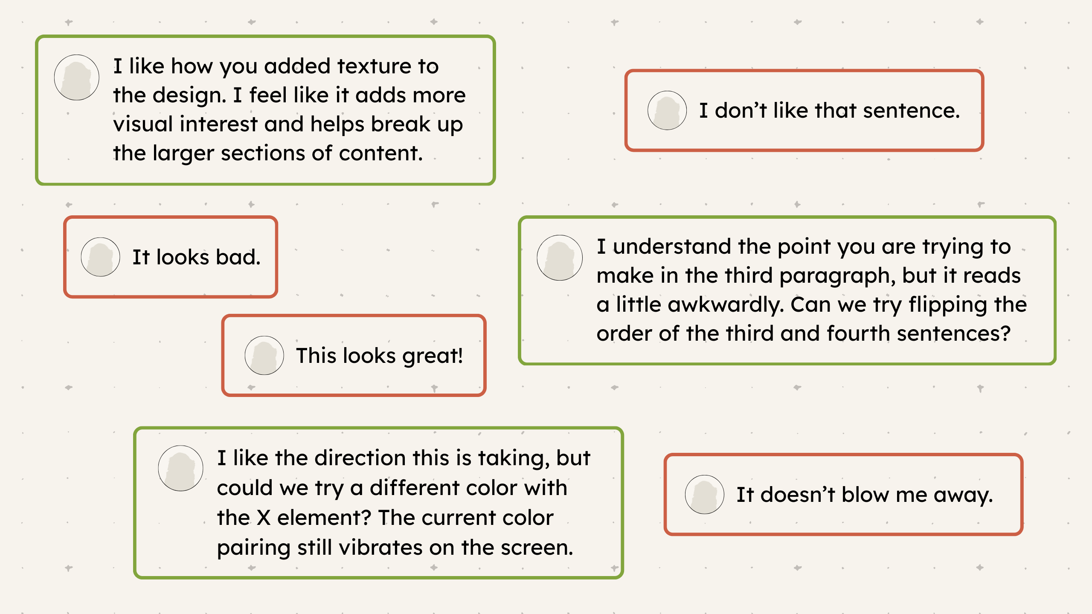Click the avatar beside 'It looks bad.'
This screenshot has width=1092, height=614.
[x=101, y=257]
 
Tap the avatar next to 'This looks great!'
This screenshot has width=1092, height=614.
[x=264, y=356]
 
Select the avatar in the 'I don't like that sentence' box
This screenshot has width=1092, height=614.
[x=667, y=110]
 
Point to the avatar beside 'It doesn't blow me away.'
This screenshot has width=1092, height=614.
[x=705, y=495]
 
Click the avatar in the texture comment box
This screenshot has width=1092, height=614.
[x=77, y=78]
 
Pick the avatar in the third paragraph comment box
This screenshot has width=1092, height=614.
[x=560, y=258]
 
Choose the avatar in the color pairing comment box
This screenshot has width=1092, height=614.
[x=181, y=469]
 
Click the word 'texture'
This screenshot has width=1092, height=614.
[x=374, y=67]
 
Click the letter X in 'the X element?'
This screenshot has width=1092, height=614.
[x=264, y=518]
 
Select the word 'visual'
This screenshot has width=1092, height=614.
[x=143, y=125]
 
